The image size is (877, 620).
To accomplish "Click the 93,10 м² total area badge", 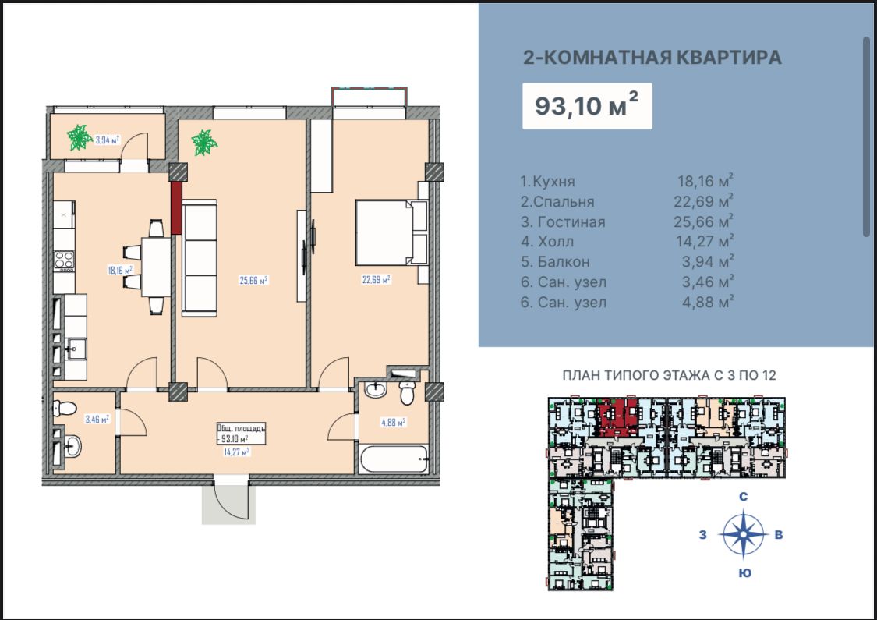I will [586, 105].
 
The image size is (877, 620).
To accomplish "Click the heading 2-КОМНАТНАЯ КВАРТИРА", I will [652, 57].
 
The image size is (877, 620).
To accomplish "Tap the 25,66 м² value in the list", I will [703, 222].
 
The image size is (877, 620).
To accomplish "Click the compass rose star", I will [744, 534].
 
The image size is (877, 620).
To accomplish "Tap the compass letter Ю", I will [744, 573].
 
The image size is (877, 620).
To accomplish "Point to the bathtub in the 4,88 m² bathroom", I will [394, 459].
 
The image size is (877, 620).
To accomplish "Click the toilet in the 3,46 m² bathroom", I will [64, 407].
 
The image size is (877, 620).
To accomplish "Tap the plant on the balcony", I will [79, 138].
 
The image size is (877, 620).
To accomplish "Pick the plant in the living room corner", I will [204, 143].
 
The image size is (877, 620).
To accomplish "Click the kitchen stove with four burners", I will [63, 260].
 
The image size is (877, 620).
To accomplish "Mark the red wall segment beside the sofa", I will [176, 207].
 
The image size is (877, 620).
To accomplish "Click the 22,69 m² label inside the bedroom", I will [374, 278].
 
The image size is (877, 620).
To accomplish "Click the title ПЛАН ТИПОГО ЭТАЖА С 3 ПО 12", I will [669, 375].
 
